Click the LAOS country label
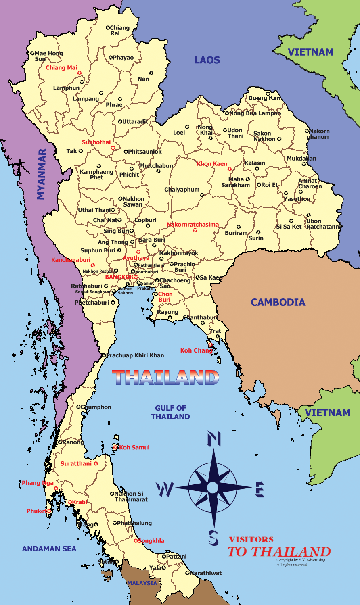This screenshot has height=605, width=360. tap(207, 60)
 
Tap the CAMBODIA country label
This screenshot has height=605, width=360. tap(278, 302)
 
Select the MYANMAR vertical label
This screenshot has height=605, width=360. tap(42, 174)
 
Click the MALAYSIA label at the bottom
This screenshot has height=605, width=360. tap(142, 583)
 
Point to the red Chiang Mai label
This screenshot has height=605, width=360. tap(61, 68)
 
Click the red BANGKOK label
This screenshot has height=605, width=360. tap(119, 277)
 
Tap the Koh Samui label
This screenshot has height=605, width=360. tap(134, 447)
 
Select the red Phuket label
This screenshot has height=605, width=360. tap(36, 511)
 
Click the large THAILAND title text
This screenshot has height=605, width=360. tap(165, 378)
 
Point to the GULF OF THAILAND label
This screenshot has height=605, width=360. tap(170, 412)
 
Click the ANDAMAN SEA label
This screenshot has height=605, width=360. tap(49, 549)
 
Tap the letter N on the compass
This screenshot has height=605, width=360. tap(213, 439)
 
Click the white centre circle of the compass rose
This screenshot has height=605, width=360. tap(213, 488)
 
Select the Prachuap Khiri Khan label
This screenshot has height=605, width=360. tap(135, 355)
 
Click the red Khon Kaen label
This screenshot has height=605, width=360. tap(212, 164)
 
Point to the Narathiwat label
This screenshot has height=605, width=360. tap(206, 573)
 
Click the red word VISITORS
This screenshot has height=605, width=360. tap(251, 539)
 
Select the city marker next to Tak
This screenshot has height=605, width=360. tap(81, 151)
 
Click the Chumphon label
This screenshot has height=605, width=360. tap(96, 407)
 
